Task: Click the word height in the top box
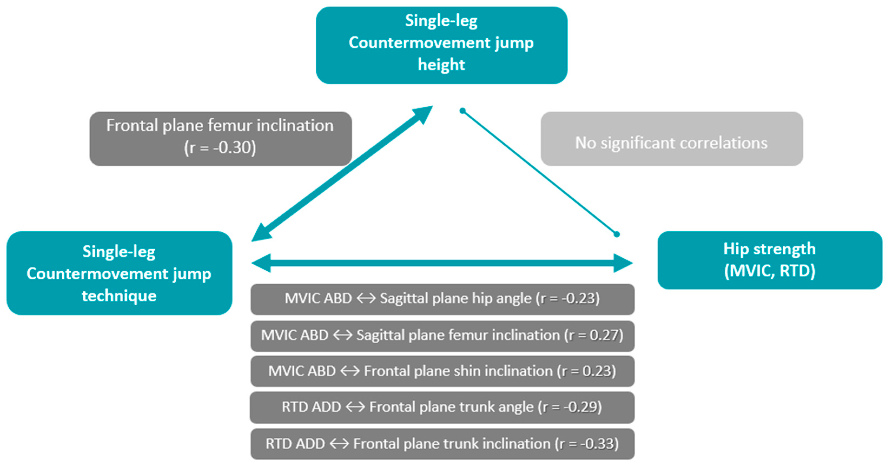point(441,65)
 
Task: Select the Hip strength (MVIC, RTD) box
point(770,260)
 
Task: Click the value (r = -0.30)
point(220,148)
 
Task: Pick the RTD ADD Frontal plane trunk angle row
point(442,407)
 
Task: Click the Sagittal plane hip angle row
point(442,299)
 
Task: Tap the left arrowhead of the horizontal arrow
point(261,263)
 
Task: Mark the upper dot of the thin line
point(462,111)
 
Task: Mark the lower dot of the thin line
point(616,234)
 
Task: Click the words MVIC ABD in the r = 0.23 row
point(302,371)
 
